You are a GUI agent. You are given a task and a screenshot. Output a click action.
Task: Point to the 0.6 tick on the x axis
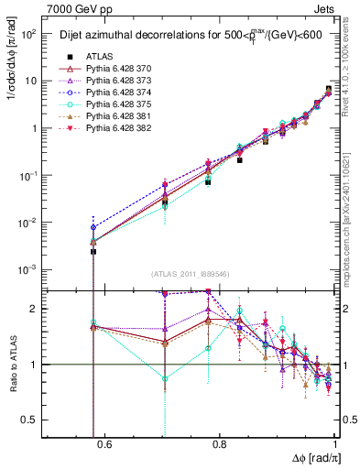[104, 444]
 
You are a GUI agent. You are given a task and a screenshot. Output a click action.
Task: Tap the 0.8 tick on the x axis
[220, 444]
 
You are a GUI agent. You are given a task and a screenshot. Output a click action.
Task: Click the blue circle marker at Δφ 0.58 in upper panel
[93, 226]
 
